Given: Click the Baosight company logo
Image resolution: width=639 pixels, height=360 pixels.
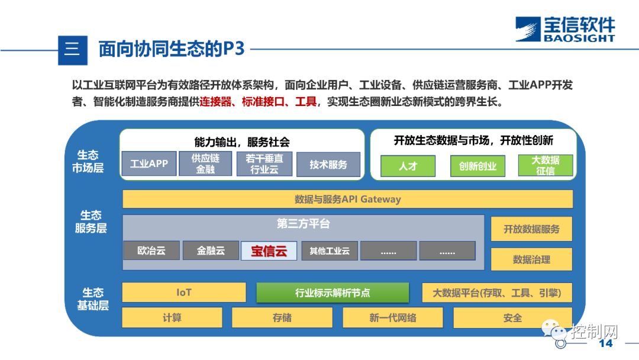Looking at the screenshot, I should click(x=564, y=29).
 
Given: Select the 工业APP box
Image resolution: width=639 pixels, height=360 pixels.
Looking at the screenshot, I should click(x=149, y=164).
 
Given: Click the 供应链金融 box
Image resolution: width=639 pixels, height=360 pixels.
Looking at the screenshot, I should click(x=205, y=164).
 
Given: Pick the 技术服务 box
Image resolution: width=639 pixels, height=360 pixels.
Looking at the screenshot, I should click(x=328, y=165).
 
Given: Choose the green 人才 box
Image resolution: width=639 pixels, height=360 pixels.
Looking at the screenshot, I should click(x=408, y=166).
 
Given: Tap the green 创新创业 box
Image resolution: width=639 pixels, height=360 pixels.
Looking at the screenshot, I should click(x=477, y=166).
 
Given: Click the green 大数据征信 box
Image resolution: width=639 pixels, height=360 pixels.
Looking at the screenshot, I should click(x=545, y=165).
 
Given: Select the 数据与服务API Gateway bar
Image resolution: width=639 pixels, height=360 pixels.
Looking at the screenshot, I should click(x=347, y=200).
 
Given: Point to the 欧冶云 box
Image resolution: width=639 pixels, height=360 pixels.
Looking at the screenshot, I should click(x=151, y=250).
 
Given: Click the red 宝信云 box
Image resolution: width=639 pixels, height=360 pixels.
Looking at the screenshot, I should click(x=269, y=250).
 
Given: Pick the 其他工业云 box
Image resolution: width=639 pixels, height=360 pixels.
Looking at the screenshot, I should click(x=329, y=250).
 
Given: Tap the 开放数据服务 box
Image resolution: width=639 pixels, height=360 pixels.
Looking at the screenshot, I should click(x=531, y=229).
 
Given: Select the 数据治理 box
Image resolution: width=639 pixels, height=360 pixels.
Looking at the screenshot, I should click(x=531, y=259).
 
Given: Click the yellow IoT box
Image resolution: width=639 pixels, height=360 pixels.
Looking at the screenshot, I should click(x=184, y=292).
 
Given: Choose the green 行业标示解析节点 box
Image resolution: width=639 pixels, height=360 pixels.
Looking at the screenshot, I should click(x=333, y=292).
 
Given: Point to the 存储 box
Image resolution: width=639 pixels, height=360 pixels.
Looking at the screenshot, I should click(x=282, y=318).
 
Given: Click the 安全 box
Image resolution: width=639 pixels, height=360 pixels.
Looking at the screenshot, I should click(x=512, y=318).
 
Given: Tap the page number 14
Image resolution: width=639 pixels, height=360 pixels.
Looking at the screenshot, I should click(x=606, y=344).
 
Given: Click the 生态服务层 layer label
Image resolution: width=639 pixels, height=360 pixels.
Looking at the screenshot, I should click(x=91, y=222).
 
